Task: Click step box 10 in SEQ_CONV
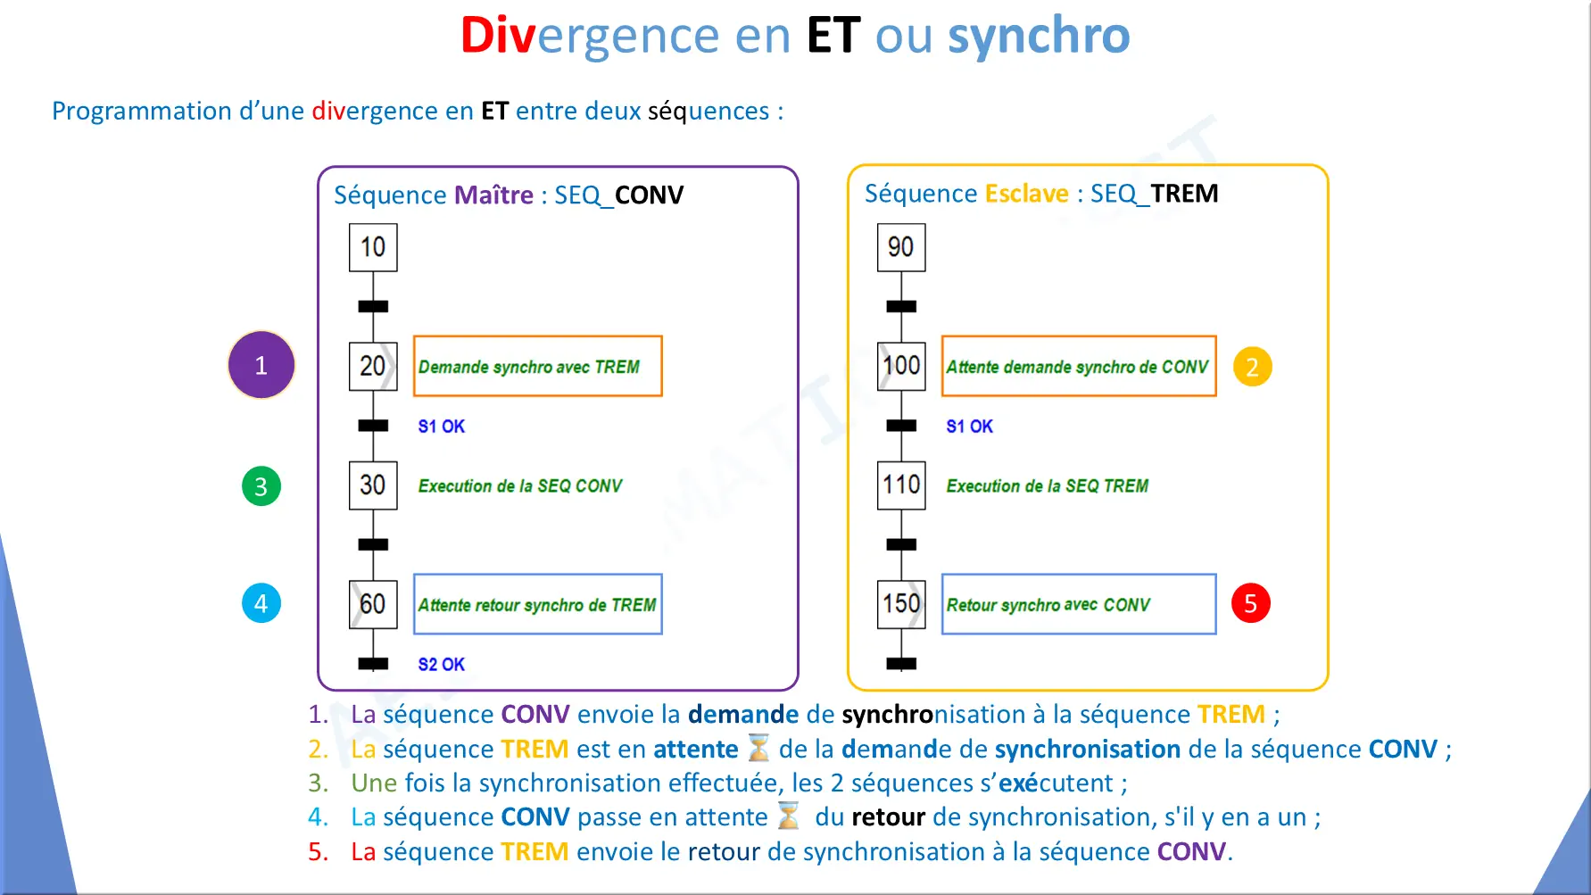pos(373,247)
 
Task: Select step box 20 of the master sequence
pos(373,366)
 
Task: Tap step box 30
pos(373,485)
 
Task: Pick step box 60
pos(373,604)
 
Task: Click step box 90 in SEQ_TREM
pos(901,247)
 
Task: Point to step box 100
pos(901,366)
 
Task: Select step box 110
pos(901,485)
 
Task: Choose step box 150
pos(901,604)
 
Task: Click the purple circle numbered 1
pos(261,365)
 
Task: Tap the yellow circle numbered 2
pos(1252,367)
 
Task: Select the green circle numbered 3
pos(261,486)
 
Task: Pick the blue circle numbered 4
pos(261,603)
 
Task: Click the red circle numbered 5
pos(1251,603)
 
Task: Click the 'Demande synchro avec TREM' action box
pos(538,366)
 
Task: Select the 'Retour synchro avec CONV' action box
pos(1079,604)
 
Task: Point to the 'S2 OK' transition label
pos(442,665)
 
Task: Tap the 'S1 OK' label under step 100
pos(970,427)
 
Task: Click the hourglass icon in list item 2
pos(758,748)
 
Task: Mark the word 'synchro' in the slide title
pos(1039,36)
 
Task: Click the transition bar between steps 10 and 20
pos(373,307)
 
